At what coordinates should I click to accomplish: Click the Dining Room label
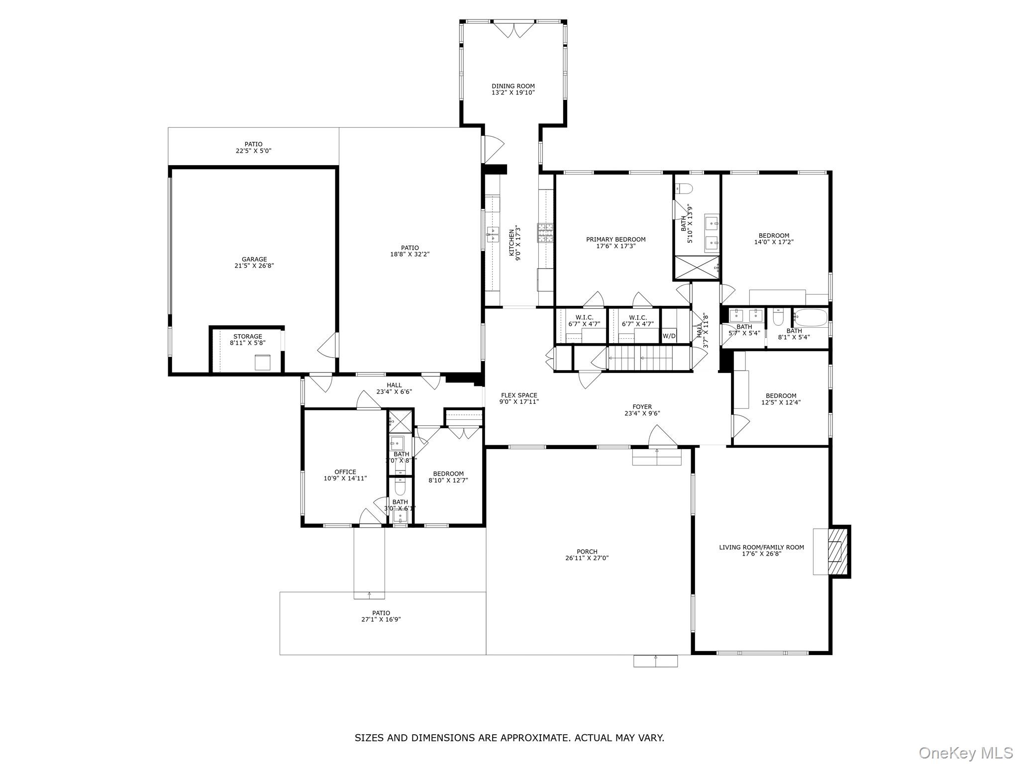[513, 86]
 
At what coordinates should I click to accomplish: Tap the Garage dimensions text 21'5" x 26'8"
[254, 266]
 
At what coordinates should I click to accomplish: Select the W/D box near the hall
[669, 336]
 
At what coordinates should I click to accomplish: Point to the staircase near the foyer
[648, 358]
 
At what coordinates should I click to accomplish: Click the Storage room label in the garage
[247, 337]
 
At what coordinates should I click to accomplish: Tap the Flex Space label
[519, 395]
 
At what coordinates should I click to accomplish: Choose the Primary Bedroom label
[615, 239]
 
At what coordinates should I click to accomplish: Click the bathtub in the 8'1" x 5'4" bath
[810, 316]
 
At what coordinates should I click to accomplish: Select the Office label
[345, 472]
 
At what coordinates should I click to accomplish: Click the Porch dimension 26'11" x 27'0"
[587, 558]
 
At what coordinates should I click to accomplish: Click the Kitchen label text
[511, 243]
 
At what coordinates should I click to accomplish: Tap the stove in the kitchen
[544, 233]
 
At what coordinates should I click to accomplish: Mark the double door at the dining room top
[513, 29]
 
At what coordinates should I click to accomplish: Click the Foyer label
[642, 407]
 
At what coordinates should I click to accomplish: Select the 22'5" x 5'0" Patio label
[253, 151]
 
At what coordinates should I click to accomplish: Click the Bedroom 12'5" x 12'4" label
[781, 396]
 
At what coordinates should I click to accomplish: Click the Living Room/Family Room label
[761, 547]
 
